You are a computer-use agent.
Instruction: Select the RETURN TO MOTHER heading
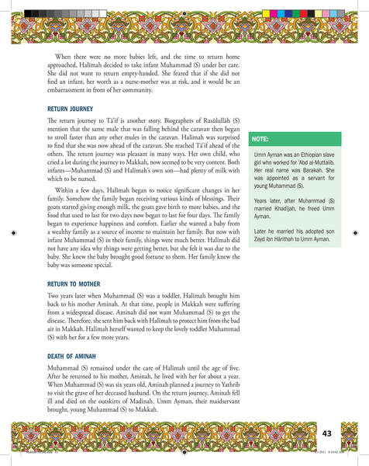tap(74, 284)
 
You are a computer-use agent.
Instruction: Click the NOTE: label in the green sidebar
tap(260, 140)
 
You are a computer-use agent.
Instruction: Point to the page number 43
tap(328, 431)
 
